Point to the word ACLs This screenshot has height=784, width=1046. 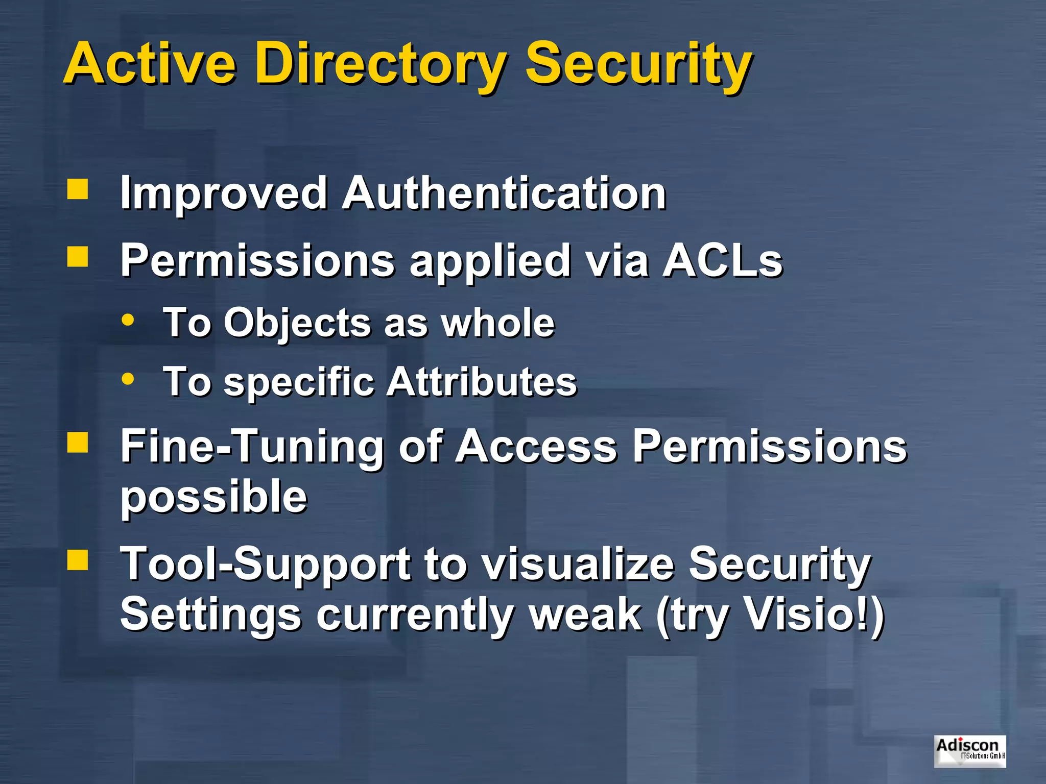click(722, 260)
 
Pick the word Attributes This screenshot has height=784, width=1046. click(481, 382)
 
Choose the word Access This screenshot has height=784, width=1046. click(536, 446)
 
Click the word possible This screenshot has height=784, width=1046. click(214, 497)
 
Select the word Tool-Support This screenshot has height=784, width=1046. click(266, 565)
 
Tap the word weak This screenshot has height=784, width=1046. click(585, 615)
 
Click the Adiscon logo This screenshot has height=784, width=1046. click(969, 751)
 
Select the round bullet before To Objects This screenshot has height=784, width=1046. click(128, 321)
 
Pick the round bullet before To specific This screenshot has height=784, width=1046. click(128, 379)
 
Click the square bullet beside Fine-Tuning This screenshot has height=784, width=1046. click(78, 442)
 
